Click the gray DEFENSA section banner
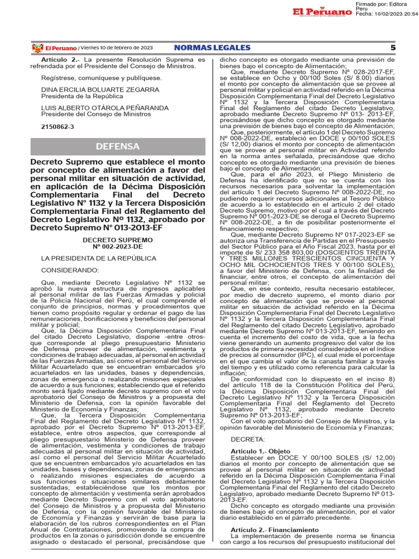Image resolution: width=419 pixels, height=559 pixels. tap(118, 146)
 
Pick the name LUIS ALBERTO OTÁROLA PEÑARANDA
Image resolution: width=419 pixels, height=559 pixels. tap(104, 108)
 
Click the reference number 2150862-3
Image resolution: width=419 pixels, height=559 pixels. tap(58, 127)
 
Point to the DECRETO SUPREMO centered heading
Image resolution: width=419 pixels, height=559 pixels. tap(117, 240)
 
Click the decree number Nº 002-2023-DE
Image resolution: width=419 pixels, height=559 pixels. tap(117, 246)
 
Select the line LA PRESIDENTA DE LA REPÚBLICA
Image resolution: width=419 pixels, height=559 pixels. tap(91, 258)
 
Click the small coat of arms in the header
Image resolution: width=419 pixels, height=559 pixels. tap(37, 48)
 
